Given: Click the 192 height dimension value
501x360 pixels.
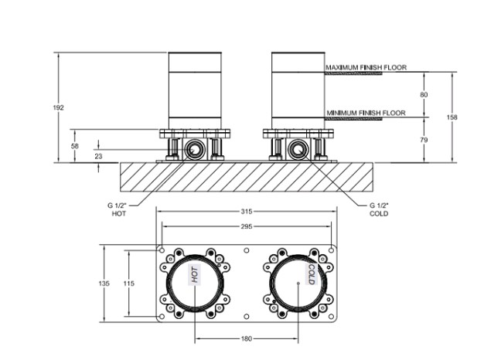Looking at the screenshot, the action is [58, 107].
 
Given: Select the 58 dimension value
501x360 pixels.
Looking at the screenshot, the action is [74, 146].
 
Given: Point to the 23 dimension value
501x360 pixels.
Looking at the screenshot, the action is [98, 156].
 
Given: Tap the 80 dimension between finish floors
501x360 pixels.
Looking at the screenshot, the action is [424, 94].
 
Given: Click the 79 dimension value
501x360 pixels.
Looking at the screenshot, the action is [424, 140].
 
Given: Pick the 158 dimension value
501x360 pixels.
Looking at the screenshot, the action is [452, 117].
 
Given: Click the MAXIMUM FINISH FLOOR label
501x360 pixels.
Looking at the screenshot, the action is [366, 67].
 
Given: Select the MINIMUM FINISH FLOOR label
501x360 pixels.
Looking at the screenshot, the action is [366, 113].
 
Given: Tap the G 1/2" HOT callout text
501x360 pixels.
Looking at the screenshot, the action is [118, 209].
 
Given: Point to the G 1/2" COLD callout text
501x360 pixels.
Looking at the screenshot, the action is [379, 209].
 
